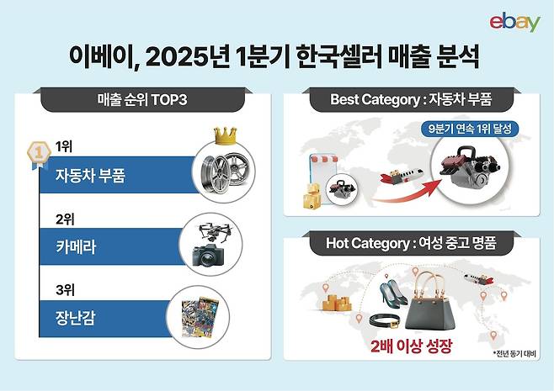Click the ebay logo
click(x=514, y=22)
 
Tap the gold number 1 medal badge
click(x=39, y=152)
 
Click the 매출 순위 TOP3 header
click(x=142, y=101)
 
